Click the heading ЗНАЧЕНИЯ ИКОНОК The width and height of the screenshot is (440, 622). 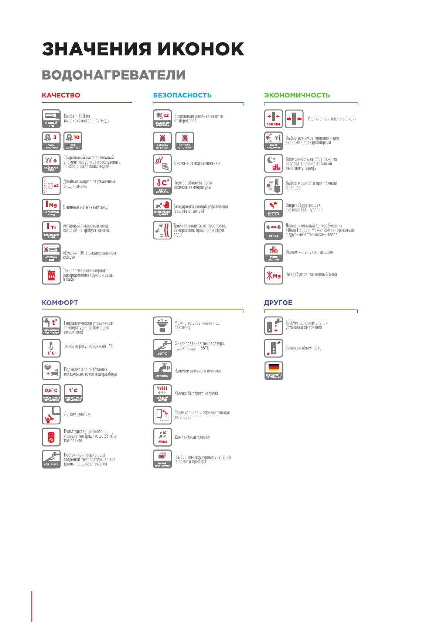click(143, 49)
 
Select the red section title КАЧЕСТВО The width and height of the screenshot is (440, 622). click(61, 95)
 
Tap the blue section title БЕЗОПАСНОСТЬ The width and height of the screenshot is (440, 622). click(182, 95)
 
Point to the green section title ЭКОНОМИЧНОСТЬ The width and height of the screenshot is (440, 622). click(297, 95)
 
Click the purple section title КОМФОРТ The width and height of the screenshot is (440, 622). click(60, 303)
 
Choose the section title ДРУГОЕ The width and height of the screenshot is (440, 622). click(278, 303)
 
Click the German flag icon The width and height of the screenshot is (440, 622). click(274, 370)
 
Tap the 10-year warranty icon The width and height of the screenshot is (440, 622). click(73, 141)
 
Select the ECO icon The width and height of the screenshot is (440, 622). click(273, 208)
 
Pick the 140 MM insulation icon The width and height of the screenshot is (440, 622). click(273, 119)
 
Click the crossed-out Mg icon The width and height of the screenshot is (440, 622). click(273, 275)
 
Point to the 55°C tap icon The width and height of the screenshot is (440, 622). click(162, 348)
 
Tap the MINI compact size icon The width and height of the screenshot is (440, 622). click(162, 437)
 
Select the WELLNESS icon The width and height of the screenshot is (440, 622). click(51, 459)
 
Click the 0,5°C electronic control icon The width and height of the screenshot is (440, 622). click(51, 393)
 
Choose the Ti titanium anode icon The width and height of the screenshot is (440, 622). click(51, 230)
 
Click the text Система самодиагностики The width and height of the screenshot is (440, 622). click(197, 163)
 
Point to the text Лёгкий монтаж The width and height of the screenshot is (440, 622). click(77, 414)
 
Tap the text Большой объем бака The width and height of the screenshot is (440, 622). click(303, 348)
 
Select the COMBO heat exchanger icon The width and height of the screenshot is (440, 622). click(273, 230)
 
